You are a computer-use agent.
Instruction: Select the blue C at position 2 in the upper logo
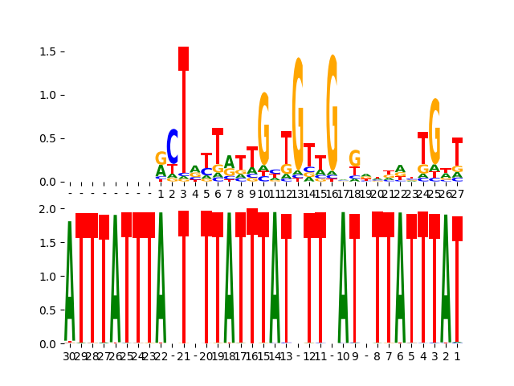click(x=172, y=146)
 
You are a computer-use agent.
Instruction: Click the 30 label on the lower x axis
click(x=69, y=356)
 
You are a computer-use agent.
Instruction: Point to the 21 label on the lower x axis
click(x=183, y=356)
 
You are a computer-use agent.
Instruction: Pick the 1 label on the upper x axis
click(x=161, y=194)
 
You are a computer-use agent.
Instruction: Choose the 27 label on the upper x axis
click(x=457, y=194)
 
